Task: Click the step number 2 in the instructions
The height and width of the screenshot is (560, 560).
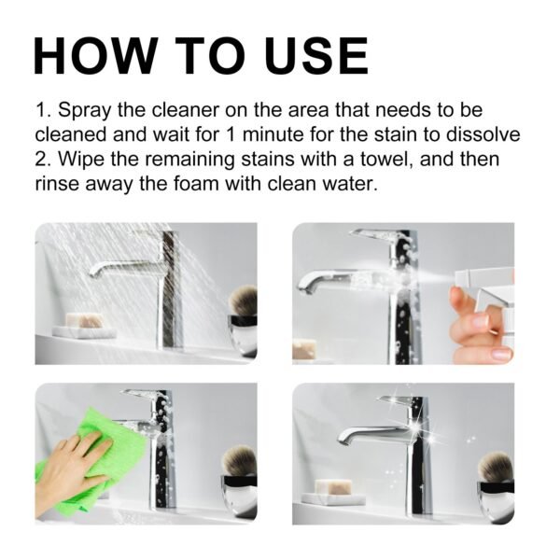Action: point(41,160)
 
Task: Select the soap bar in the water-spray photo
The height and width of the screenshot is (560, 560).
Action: point(83,323)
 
